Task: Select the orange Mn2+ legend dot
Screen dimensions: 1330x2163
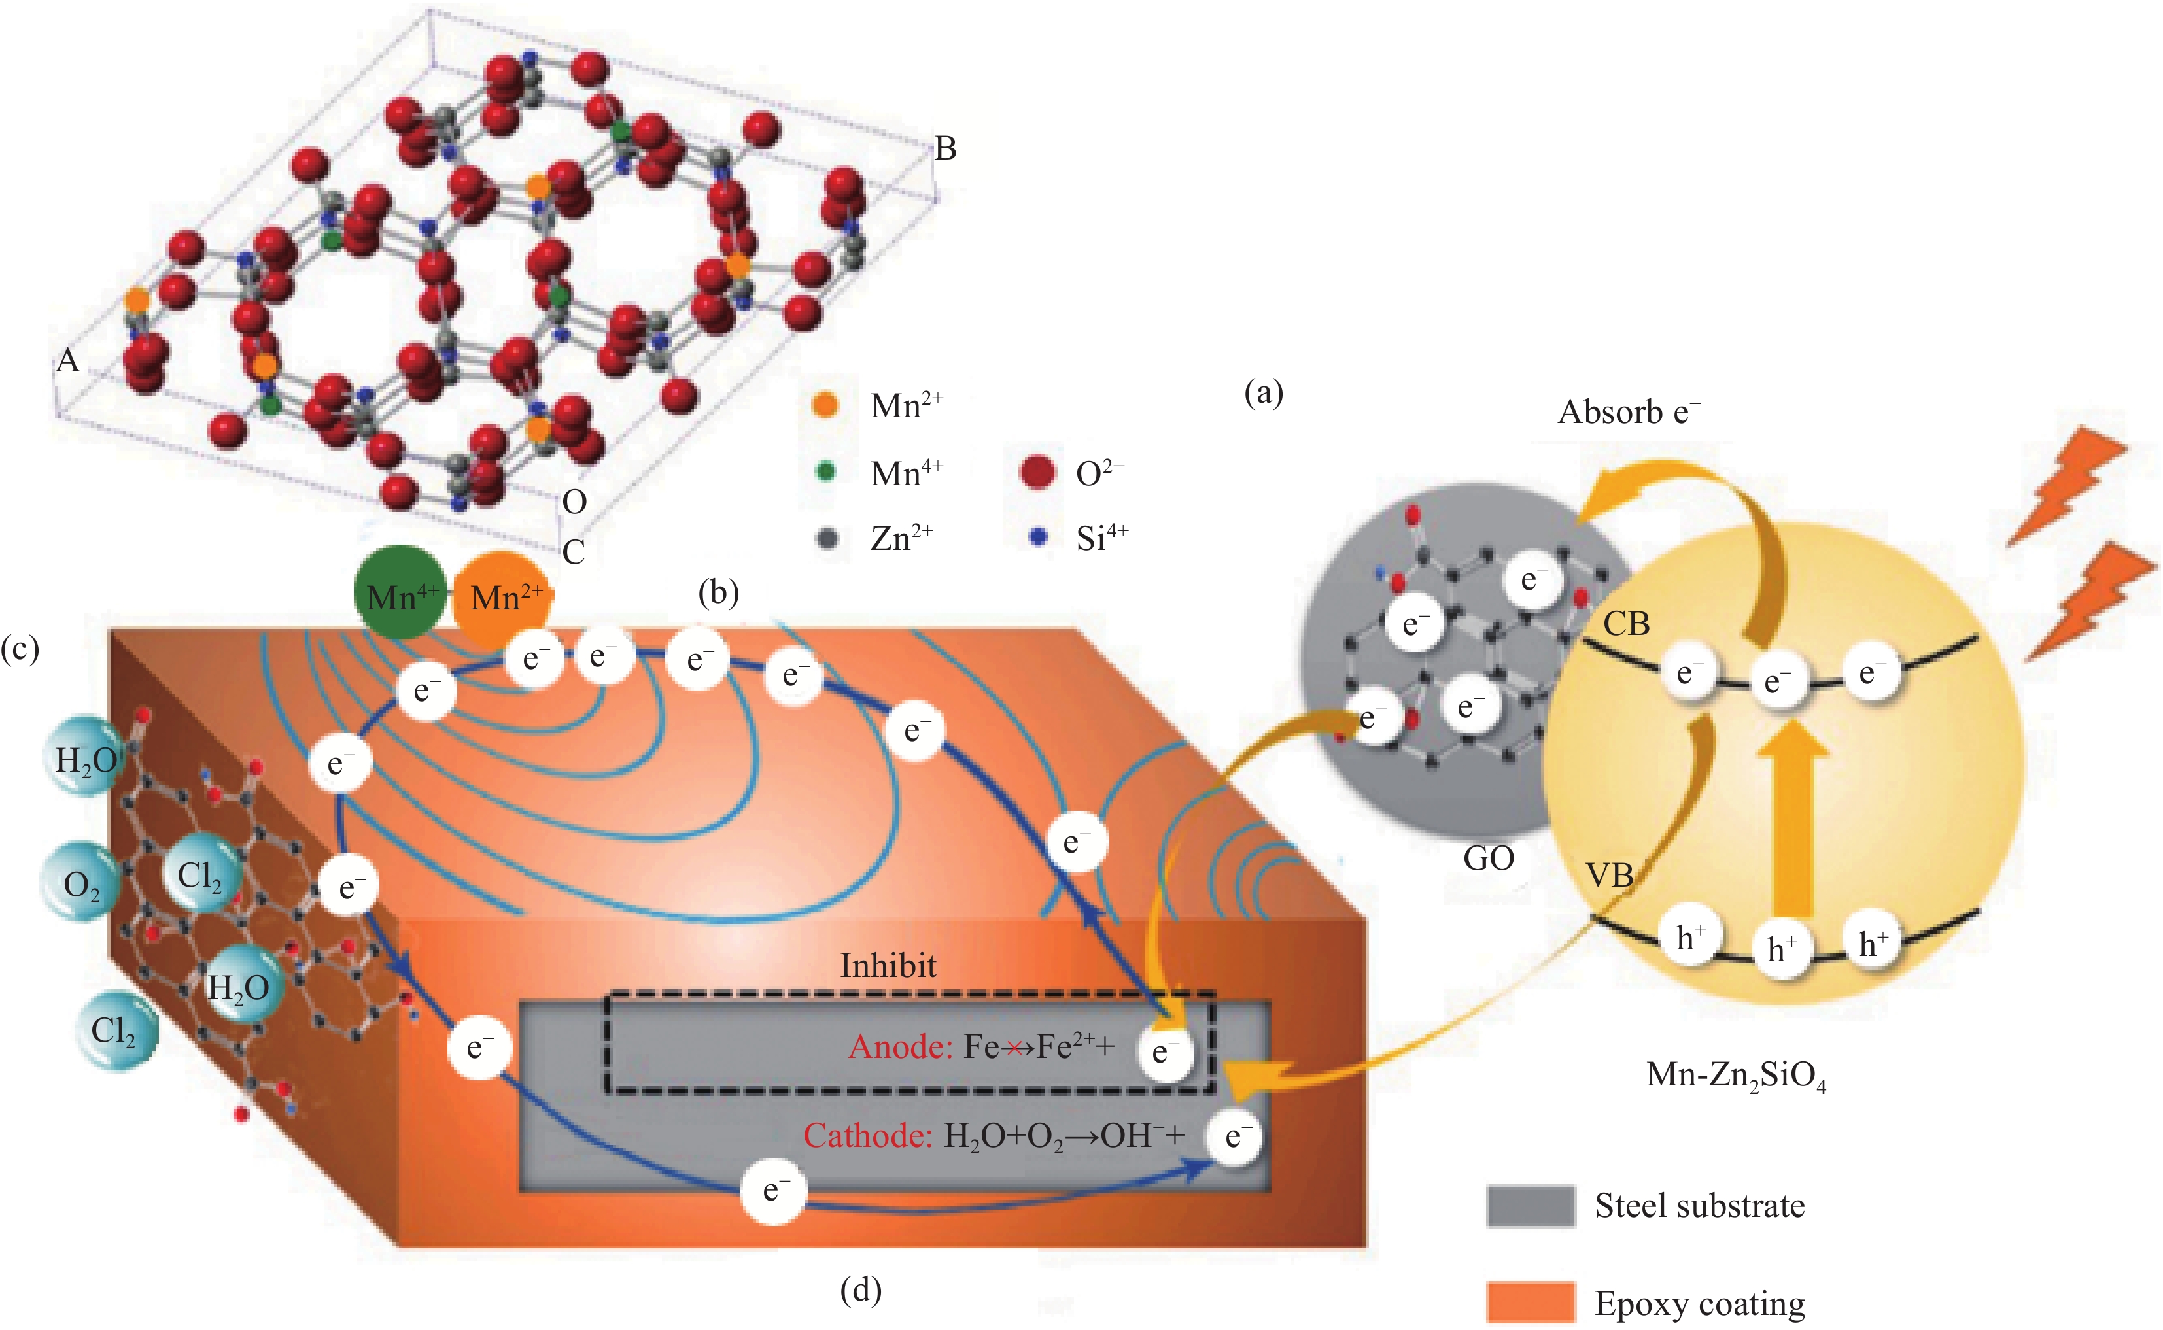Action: (825, 405)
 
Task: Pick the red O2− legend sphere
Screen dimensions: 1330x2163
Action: (1037, 471)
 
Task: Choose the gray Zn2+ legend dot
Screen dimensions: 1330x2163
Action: (827, 537)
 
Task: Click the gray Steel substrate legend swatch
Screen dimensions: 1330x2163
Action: (1530, 1205)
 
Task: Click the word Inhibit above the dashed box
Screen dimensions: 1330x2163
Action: (888, 966)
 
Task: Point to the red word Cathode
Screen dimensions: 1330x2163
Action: (867, 1136)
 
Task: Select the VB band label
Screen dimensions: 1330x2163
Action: (1610, 876)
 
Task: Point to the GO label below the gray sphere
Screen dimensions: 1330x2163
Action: (1488, 858)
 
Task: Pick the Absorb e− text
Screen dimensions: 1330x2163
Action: (1628, 412)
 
